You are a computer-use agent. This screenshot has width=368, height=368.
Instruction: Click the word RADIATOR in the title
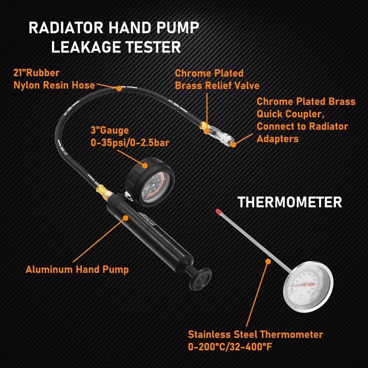[67, 28]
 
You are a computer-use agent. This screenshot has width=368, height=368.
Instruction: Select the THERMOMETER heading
[289, 202]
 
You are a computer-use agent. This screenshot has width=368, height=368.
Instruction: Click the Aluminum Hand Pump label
[77, 270]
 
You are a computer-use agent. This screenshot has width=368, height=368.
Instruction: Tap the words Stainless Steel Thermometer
[255, 334]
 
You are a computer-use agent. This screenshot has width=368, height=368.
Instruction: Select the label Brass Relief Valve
[217, 86]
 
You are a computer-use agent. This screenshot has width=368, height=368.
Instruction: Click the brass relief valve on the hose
[205, 127]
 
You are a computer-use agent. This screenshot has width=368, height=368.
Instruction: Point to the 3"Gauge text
[110, 130]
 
